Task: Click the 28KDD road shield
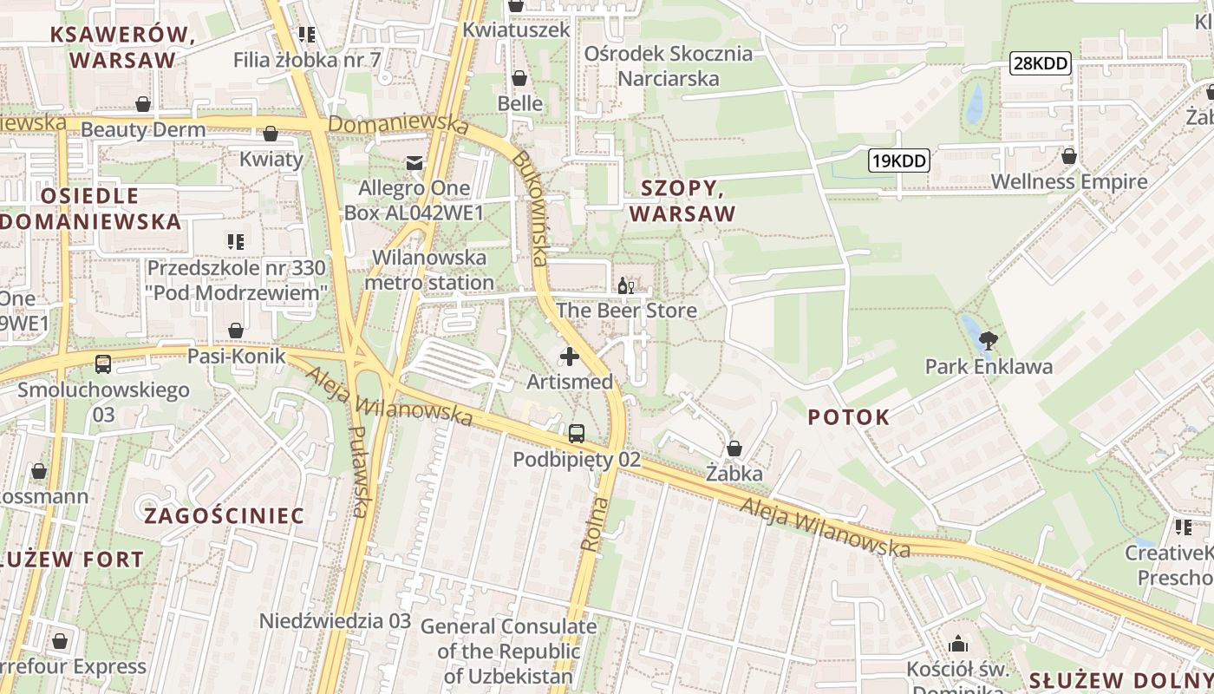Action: click(x=1041, y=62)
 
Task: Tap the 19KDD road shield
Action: click(x=898, y=160)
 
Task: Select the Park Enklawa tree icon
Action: click(x=987, y=340)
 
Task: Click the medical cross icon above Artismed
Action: click(x=570, y=356)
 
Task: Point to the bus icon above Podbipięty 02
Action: click(x=577, y=434)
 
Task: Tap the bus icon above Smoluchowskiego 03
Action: click(x=103, y=364)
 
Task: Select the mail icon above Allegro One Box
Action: click(x=414, y=162)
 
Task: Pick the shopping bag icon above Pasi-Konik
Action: click(x=235, y=331)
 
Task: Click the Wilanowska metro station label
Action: click(x=429, y=270)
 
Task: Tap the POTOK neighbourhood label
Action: click(x=848, y=417)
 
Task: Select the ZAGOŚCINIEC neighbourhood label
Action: click(x=225, y=516)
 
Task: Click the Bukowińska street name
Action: click(x=531, y=208)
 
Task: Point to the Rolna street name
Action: click(x=593, y=525)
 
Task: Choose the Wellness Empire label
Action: click(x=1068, y=182)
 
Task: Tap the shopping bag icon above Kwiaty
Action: click(x=271, y=134)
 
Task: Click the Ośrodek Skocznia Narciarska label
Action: click(x=668, y=66)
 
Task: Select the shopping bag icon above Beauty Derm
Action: click(x=143, y=105)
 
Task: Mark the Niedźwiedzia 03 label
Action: click(x=335, y=621)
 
